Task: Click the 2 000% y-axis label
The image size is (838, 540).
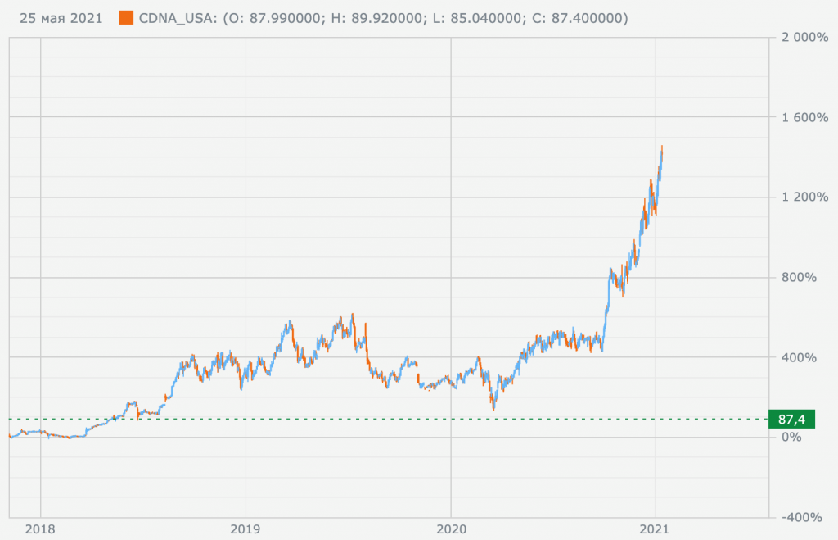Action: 806,38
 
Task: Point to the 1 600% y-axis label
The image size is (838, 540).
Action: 806,117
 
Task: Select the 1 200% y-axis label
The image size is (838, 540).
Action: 806,197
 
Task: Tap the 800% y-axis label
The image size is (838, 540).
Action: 811,277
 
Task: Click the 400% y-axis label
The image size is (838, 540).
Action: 811,357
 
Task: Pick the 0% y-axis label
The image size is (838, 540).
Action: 816,437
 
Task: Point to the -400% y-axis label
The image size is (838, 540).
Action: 809,517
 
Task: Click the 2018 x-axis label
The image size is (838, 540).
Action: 40,529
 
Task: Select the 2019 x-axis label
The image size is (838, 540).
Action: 246,529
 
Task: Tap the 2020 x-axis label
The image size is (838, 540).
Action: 451,529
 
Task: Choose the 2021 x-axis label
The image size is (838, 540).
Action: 656,529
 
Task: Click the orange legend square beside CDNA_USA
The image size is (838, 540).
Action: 126,17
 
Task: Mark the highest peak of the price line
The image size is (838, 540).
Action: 662,147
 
